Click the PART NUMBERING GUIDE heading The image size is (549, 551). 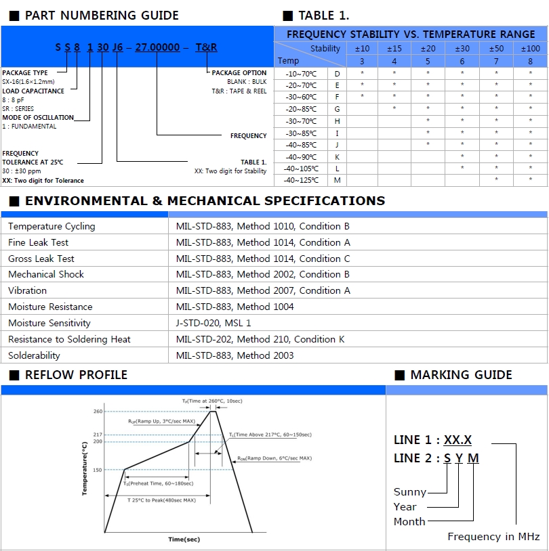(102, 16)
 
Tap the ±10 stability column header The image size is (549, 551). (362, 49)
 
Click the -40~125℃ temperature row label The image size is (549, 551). (301, 180)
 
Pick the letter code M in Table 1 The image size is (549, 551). (337, 180)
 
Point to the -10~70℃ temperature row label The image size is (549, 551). (301, 73)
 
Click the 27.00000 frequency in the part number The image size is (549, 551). (157, 47)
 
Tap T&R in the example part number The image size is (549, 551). (206, 47)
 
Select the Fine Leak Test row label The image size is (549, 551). (38, 242)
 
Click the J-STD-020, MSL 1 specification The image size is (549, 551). (213, 323)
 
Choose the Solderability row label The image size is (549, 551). (34, 355)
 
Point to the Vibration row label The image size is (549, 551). (27, 290)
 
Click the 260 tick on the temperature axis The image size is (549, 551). (98, 411)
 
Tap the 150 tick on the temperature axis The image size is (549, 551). (98, 470)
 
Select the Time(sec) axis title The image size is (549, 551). (184, 539)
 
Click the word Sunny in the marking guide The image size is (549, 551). (410, 492)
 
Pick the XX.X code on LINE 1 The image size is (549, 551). (457, 440)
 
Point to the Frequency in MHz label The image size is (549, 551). (493, 537)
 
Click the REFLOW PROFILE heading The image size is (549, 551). (76, 375)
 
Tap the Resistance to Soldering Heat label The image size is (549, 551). (69, 339)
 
